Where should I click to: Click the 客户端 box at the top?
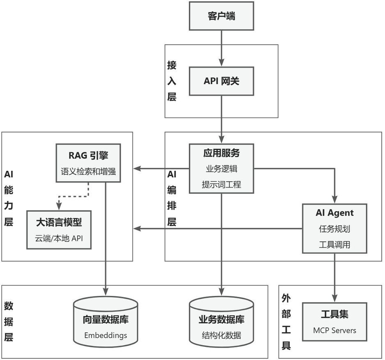pos(221,16)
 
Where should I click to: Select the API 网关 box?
pos(221,81)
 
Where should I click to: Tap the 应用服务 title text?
pos(221,153)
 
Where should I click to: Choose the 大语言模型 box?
pos(59,229)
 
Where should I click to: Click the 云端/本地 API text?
pos(59,238)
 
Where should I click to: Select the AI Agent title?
pos(335,213)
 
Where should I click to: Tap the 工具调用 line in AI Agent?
pos(335,245)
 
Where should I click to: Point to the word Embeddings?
pos(105,335)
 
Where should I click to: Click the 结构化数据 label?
pos(221,335)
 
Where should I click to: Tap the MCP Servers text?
pos(335,330)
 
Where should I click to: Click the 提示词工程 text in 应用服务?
pos(221,185)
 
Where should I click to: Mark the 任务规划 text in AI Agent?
pos(335,229)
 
